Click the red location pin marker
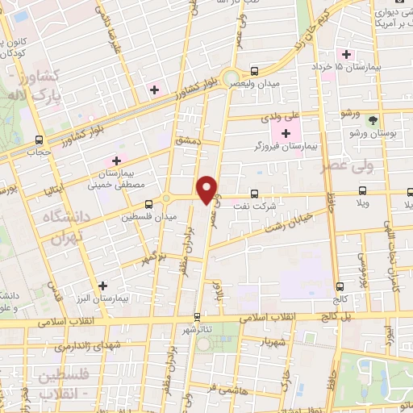click(208, 190)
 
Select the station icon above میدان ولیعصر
click(255, 71)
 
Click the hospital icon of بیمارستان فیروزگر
click(286, 132)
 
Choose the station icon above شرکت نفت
click(255, 193)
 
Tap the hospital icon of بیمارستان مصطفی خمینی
click(117, 161)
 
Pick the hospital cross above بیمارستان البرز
click(102, 285)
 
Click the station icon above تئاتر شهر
click(197, 316)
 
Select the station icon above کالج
click(339, 286)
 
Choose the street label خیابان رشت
click(283, 217)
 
